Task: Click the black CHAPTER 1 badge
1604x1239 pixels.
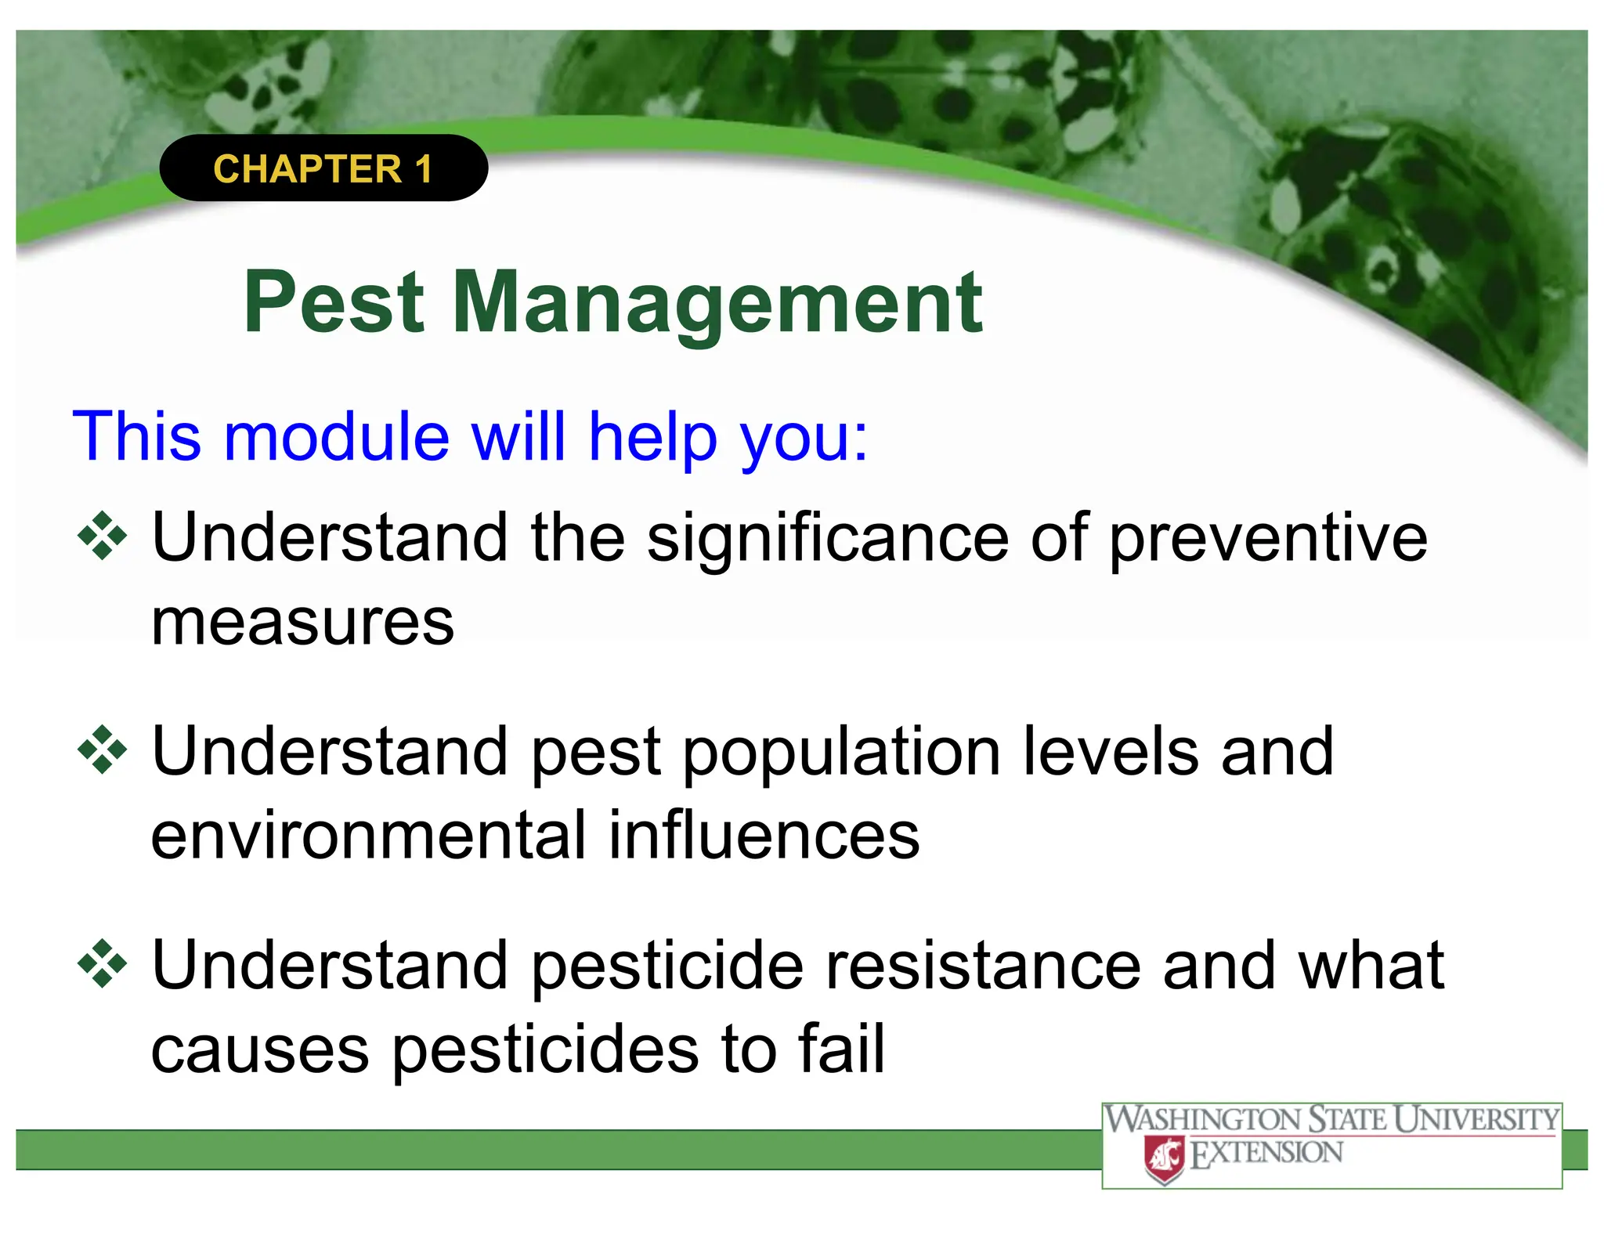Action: pos(323,168)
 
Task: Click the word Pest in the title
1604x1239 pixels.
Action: pos(334,303)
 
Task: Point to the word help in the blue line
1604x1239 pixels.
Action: pos(652,439)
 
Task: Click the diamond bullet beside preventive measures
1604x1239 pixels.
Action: pos(102,536)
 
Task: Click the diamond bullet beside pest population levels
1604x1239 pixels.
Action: pos(102,750)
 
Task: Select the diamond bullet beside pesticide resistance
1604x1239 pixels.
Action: pos(102,963)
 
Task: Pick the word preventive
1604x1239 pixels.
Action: pos(1269,540)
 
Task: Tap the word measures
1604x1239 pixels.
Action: pos(302,623)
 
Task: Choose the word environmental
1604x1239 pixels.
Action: pos(368,836)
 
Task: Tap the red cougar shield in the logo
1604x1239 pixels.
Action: pos(1164,1159)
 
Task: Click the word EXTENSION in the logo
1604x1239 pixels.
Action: pos(1266,1154)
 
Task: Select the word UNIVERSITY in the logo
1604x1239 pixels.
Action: pos(1477,1119)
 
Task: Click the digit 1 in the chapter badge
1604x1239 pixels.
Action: pos(424,169)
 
